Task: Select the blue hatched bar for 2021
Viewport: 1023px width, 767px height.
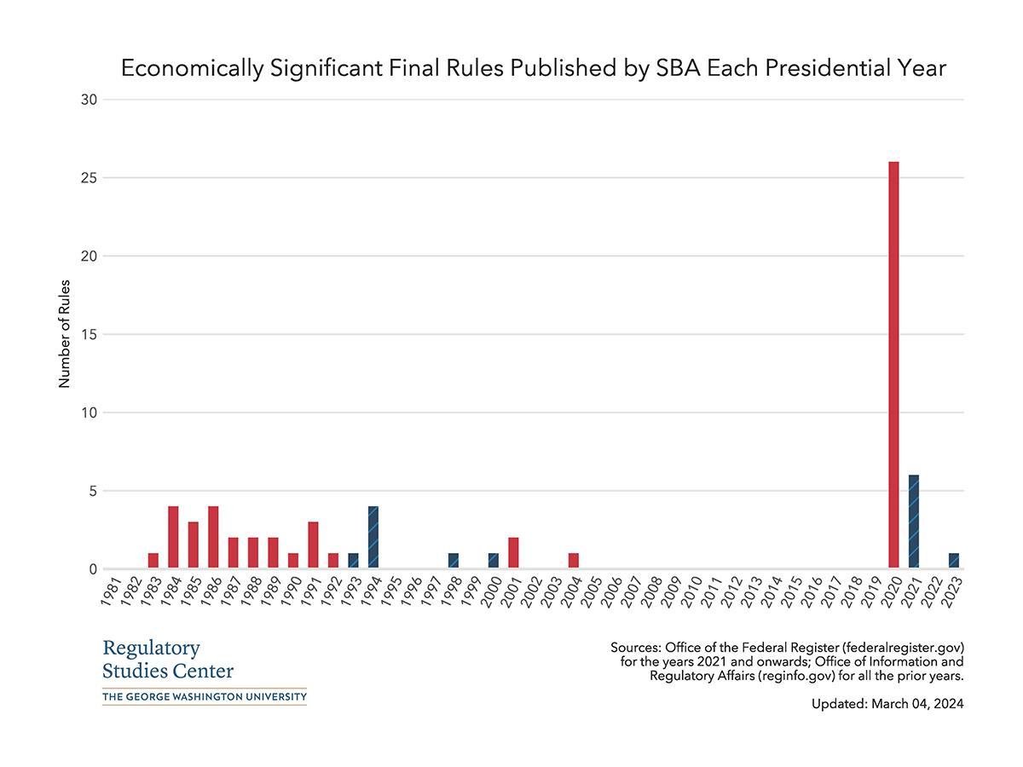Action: coord(914,522)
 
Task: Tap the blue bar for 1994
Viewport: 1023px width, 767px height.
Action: coord(373,538)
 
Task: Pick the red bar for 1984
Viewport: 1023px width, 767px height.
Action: coord(173,538)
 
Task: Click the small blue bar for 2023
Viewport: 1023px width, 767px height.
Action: coord(954,561)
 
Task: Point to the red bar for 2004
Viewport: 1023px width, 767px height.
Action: coord(574,561)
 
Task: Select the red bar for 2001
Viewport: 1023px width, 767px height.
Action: coord(513,553)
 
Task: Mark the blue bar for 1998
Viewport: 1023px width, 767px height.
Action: coord(454,561)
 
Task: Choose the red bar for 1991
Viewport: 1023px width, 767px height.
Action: coord(313,545)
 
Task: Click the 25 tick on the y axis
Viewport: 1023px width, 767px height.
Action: coord(90,178)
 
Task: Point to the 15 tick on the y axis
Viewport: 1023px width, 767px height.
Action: coord(90,335)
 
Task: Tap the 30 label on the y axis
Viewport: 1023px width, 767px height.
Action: coord(90,100)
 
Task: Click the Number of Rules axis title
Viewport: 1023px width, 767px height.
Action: coord(64,334)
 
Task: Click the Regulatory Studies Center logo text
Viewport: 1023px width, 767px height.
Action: coord(167,659)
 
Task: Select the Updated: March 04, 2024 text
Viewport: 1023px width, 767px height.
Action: coord(887,704)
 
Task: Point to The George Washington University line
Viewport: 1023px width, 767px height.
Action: coord(204,697)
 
